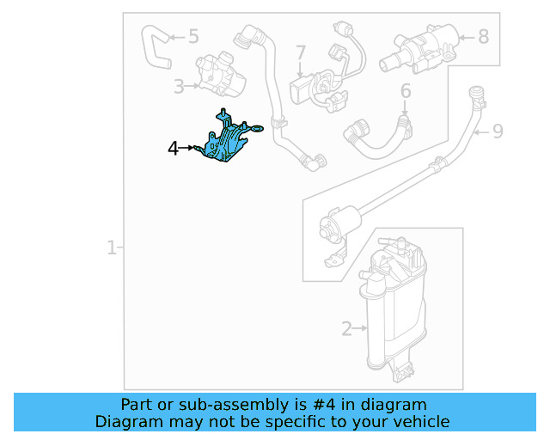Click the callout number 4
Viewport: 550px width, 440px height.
tap(174, 149)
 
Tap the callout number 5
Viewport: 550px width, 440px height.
tap(193, 36)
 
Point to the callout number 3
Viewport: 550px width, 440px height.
tap(179, 86)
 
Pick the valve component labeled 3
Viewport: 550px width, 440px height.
tap(221, 74)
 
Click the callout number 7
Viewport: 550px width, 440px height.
tap(301, 52)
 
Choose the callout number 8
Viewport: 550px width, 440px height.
tap(483, 36)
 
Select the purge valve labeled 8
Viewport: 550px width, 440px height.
tap(419, 49)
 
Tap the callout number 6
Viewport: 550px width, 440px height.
tap(406, 91)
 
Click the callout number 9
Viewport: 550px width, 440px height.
tap(498, 131)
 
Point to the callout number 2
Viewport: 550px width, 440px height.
tap(346, 329)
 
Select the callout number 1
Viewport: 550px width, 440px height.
tap(111, 247)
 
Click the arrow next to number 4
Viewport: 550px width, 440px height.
tap(186, 148)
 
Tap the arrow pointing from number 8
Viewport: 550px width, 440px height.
tap(467, 37)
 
